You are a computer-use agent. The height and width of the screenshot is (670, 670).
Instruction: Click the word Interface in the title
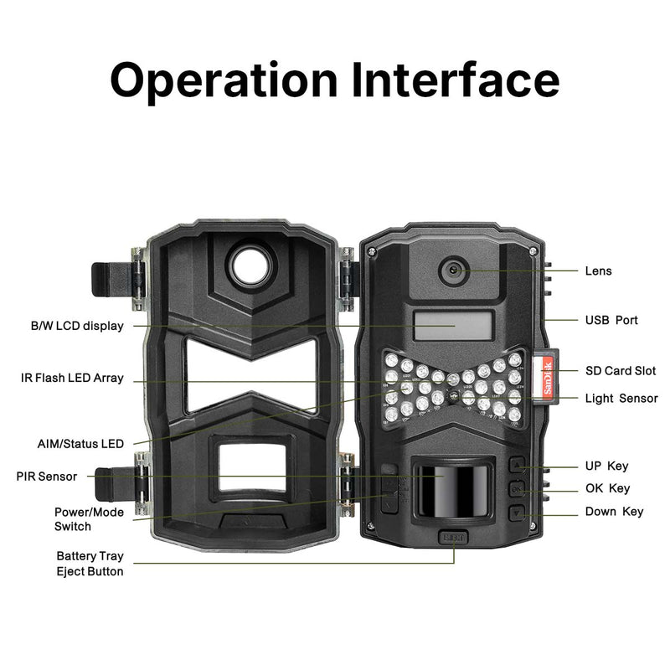point(456,80)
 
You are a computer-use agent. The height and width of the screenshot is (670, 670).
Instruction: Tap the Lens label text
point(598,271)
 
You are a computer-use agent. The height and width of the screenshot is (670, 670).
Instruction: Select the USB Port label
point(611,320)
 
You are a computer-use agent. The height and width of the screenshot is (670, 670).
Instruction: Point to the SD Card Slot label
point(620,371)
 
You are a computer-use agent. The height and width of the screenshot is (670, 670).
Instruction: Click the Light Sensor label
point(621,399)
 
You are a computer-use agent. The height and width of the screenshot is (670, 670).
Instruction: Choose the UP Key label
point(606,466)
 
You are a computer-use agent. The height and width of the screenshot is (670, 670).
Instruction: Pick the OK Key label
point(606,488)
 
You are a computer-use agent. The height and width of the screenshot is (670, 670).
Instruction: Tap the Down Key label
point(613,511)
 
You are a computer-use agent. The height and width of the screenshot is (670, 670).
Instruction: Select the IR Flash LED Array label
point(72,378)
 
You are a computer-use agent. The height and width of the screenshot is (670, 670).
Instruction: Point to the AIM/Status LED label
point(80,443)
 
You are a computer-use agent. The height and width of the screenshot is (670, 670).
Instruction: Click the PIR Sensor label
point(46,477)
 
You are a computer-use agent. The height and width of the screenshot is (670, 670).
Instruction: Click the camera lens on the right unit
point(454,270)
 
